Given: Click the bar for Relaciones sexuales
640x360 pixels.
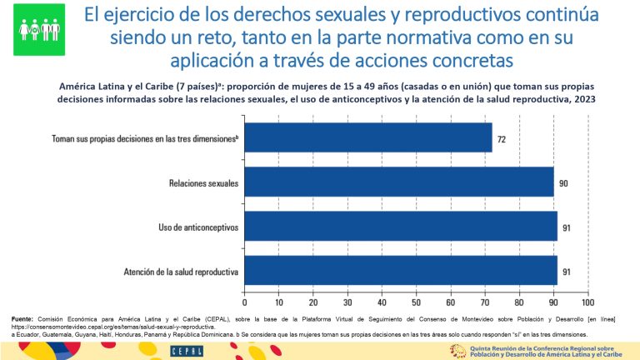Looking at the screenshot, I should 398,182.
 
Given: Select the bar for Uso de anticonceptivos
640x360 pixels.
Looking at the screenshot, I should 400,227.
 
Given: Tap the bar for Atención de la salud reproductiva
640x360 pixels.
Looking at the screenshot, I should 400,272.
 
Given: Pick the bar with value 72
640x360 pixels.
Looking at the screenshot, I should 367,137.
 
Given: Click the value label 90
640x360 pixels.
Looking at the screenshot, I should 563,182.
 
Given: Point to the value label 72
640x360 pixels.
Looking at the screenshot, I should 502,138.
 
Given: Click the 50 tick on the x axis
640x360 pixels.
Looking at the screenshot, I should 416,304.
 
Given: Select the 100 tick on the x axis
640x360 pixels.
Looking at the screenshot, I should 587,304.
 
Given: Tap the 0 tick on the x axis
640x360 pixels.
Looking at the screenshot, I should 244,304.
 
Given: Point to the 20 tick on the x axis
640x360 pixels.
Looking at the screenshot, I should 312,304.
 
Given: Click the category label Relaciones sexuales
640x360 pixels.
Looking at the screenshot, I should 204,182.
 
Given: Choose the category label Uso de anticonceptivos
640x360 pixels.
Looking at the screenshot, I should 198,227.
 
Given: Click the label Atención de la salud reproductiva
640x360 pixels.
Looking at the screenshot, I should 182,272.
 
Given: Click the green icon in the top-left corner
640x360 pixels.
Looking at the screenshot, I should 38,29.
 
